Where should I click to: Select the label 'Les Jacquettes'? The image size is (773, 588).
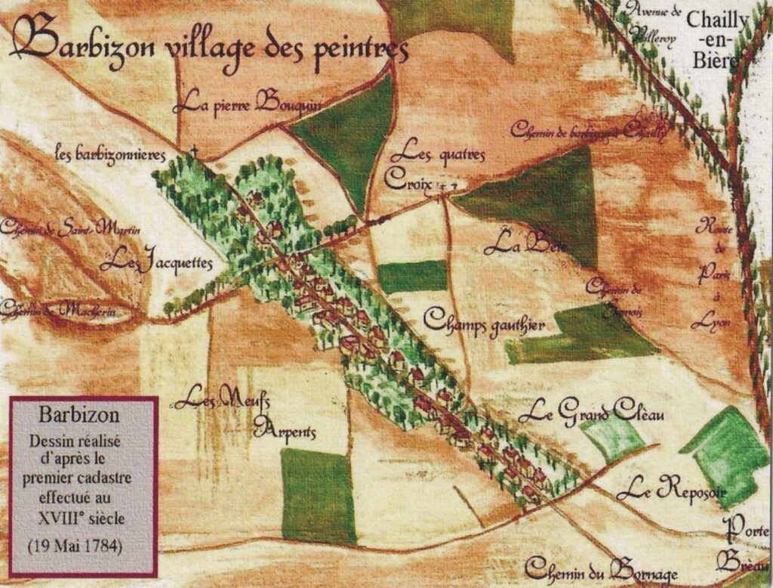tap(156, 263)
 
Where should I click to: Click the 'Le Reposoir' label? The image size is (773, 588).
tap(671, 491)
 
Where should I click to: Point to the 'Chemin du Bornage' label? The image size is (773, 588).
tap(602, 568)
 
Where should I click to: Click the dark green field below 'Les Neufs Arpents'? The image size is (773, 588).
tap(318, 495)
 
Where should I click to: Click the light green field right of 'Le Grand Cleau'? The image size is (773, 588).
tap(612, 438)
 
